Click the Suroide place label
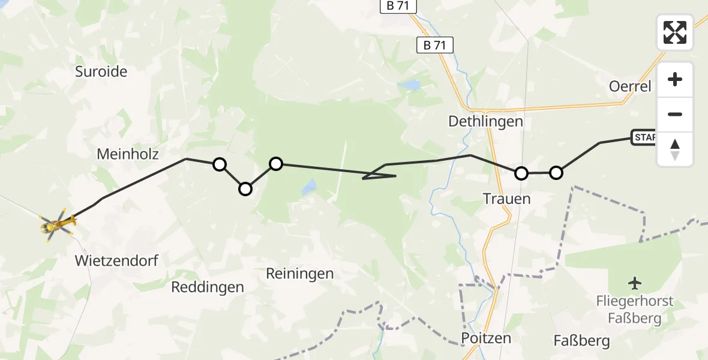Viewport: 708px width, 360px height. (101, 72)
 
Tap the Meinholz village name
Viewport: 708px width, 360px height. (128, 154)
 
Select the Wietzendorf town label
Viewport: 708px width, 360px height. (116, 260)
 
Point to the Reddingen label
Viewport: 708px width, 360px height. (208, 287)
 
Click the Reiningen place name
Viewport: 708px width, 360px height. (300, 274)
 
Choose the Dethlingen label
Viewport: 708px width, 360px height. (486, 122)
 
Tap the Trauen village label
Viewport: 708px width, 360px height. (507, 199)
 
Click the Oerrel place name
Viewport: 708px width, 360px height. (630, 86)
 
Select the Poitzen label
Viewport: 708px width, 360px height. (486, 338)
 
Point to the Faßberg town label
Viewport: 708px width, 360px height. (582, 341)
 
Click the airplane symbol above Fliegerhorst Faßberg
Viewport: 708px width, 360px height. (635, 283)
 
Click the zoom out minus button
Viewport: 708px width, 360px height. (675, 115)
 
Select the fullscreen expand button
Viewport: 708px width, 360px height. (675, 32)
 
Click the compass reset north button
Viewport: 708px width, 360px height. (675, 149)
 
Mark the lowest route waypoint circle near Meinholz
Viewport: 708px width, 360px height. (245, 189)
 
